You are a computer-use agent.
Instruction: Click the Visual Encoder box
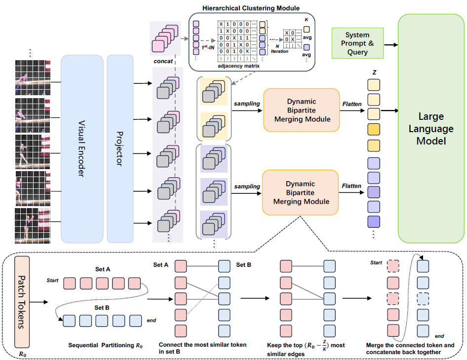(82, 148)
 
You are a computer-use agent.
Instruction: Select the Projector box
(120, 148)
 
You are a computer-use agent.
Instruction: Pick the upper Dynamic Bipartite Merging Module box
(301, 110)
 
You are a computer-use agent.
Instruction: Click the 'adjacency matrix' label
(238, 65)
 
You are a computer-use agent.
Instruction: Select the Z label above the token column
(375, 72)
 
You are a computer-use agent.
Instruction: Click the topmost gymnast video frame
(33, 78)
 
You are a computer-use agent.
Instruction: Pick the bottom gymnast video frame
(33, 224)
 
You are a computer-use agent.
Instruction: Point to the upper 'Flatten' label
(351, 104)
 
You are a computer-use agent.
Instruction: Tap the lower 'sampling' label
(247, 187)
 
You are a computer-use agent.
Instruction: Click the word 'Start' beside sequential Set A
(53, 281)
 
